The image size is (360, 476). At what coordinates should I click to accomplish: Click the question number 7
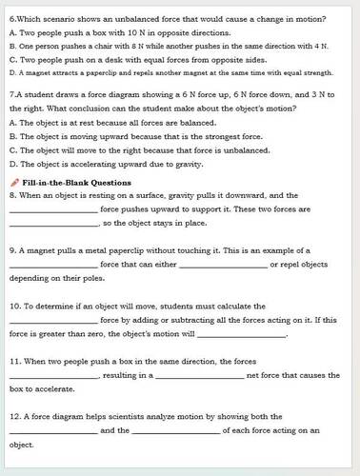[10, 96]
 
